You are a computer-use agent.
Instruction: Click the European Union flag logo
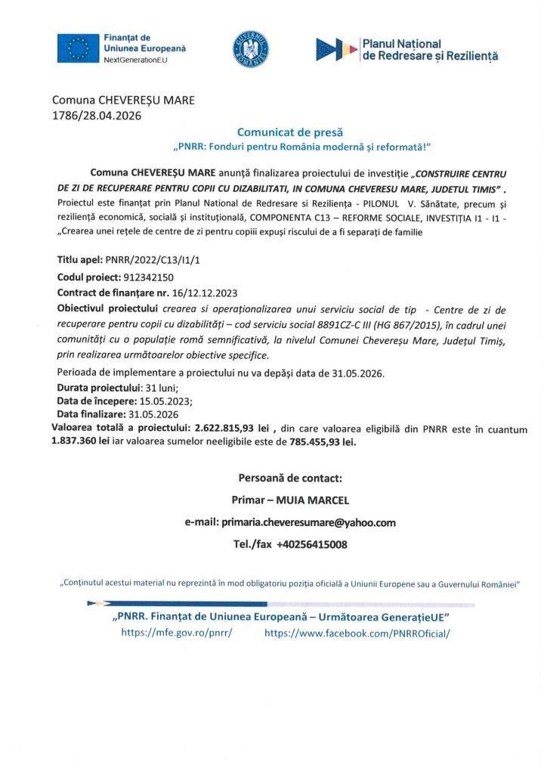[78, 48]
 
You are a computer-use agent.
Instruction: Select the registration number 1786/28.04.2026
[96, 116]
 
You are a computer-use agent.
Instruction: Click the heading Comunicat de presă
[280, 132]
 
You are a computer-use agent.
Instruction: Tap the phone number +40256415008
[313, 544]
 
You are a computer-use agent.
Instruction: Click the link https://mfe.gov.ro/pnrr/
[177, 633]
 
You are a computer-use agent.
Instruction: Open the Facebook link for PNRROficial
[357, 633]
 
